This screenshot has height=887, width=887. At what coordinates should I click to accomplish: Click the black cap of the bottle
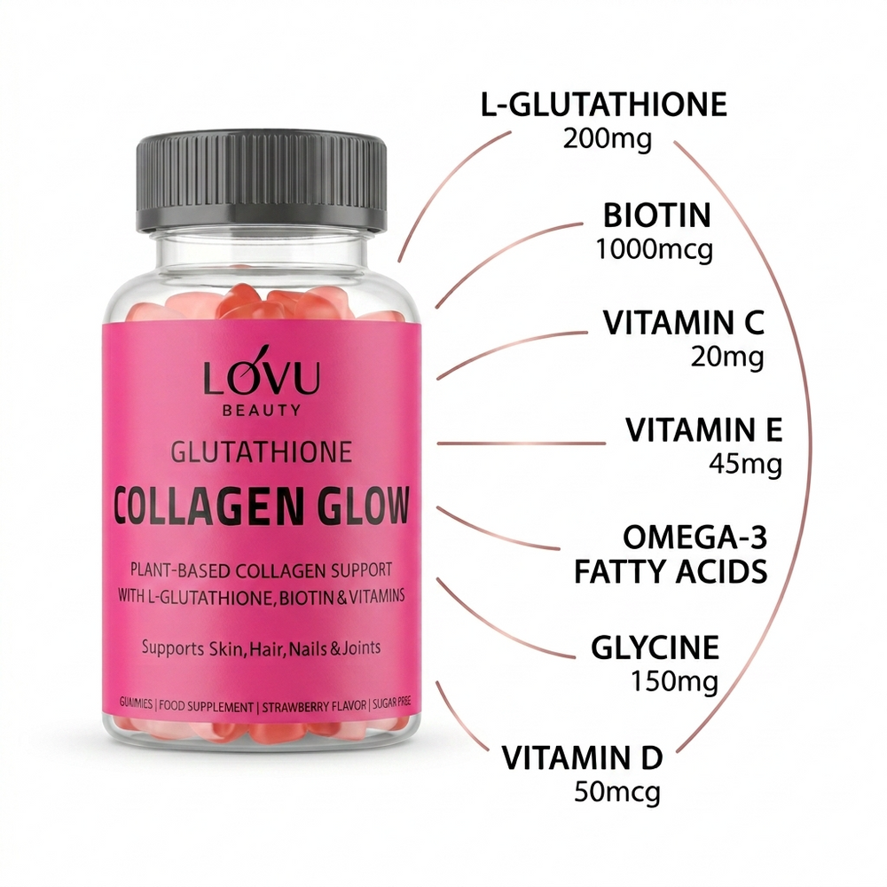coord(262,182)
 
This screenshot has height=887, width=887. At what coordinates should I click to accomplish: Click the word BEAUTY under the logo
coord(262,410)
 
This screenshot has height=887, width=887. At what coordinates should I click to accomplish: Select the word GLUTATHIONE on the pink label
coord(262,452)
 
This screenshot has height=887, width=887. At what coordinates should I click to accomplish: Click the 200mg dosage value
coord(607,138)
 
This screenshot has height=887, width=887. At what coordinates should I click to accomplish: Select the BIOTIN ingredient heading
coord(656,215)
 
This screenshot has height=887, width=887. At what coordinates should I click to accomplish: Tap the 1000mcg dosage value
coord(655,249)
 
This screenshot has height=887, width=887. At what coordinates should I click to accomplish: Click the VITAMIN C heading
coord(683,323)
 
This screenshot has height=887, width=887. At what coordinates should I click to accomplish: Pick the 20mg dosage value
coord(727,357)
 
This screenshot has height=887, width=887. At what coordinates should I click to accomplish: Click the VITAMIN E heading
coord(703,430)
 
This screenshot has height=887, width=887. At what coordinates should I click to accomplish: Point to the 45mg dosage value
coord(746,465)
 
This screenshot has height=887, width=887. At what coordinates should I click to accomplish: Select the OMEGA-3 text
coord(695,538)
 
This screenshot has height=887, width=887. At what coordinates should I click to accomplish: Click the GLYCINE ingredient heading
coord(655,648)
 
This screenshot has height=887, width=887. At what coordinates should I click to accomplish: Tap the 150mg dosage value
coord(674,681)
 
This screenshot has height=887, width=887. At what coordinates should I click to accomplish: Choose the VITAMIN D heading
coord(582,758)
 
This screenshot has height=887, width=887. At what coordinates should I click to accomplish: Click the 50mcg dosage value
coord(617,792)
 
